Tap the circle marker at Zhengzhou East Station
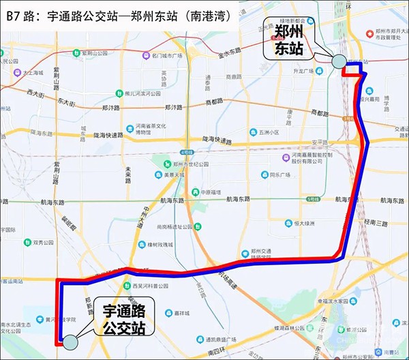(x=339, y=62)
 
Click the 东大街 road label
(x=65, y=101)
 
